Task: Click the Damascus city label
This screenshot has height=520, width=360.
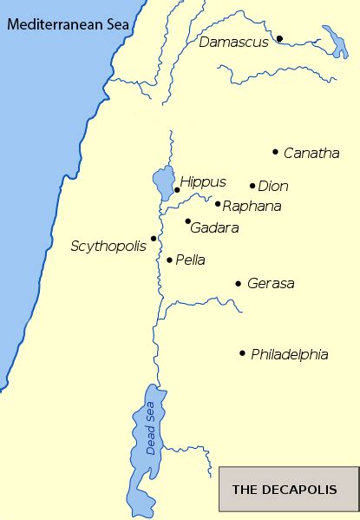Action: point(233,42)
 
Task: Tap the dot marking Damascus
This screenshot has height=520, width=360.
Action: point(280,38)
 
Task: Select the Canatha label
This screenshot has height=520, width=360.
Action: point(311,154)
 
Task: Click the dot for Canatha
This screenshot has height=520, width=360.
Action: point(276,152)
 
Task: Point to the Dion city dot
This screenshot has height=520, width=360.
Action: point(252,185)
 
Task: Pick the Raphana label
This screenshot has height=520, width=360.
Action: point(252,207)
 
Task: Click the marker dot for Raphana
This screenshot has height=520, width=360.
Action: point(218,203)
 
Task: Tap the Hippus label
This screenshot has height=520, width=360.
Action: point(203,182)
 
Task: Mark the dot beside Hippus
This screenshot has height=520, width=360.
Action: point(177,189)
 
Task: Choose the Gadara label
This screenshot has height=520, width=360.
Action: point(214,227)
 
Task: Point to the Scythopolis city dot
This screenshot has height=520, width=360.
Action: point(154,238)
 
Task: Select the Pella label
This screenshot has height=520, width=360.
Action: point(191,260)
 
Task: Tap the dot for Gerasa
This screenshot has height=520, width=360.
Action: point(238,283)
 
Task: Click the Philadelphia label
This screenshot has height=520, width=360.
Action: point(289,354)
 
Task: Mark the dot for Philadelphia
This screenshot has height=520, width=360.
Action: point(242,352)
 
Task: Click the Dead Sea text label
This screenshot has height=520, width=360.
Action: point(151,429)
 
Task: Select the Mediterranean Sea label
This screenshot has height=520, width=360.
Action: point(68,24)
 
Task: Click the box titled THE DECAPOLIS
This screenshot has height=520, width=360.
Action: point(289,489)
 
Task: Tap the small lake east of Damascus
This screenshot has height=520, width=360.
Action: point(334,43)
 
